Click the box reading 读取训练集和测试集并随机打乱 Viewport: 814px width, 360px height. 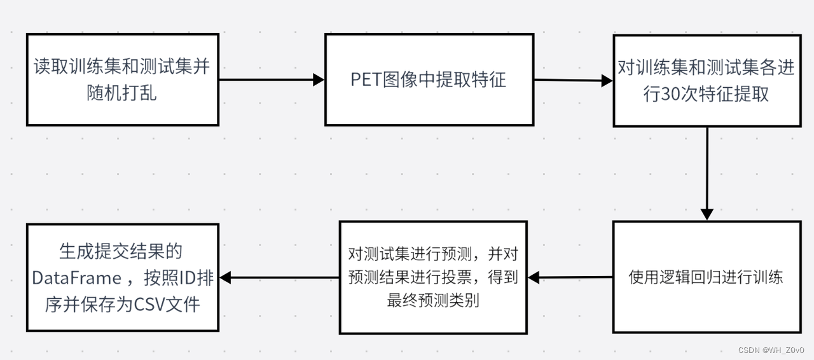tap(122, 80)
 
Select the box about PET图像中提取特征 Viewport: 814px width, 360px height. tap(429, 80)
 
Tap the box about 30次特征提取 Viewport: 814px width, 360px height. tap(706, 81)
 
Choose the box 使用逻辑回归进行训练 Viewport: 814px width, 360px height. tap(706, 277)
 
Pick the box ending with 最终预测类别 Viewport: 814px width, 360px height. tap(433, 277)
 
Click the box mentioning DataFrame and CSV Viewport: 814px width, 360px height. tap(122, 277)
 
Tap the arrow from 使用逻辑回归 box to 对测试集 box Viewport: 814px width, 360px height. tap(570, 277)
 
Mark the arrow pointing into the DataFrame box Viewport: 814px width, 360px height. tap(279, 277)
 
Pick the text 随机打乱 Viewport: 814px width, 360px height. tap(121, 93)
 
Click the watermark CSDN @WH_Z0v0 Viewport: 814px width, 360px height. tap(771, 350)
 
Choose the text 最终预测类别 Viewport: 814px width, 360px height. tap(433, 300)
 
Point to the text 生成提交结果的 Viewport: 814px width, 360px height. tap(120, 252)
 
